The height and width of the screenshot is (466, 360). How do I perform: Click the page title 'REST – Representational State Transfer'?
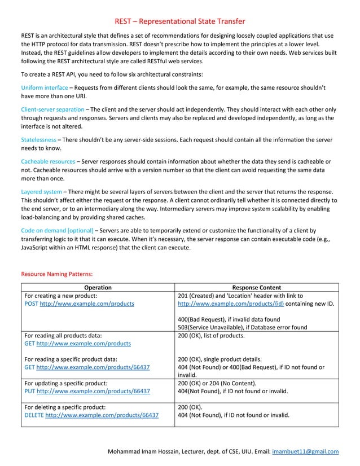click(x=180, y=21)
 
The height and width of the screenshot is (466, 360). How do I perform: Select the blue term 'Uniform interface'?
click(x=44, y=88)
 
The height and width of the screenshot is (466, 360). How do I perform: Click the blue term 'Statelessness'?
click(x=38, y=139)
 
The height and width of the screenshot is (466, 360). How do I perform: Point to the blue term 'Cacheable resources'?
click(x=47, y=161)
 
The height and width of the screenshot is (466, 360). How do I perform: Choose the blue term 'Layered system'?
click(x=41, y=191)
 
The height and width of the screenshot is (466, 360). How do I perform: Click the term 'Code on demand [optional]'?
click(x=57, y=230)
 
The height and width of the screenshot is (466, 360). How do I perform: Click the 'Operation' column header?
click(x=98, y=287)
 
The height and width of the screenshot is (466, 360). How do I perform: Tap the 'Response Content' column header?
click(x=257, y=287)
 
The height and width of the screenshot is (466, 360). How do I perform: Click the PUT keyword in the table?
click(x=30, y=390)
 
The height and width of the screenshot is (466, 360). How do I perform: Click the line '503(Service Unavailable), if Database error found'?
click(x=242, y=327)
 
